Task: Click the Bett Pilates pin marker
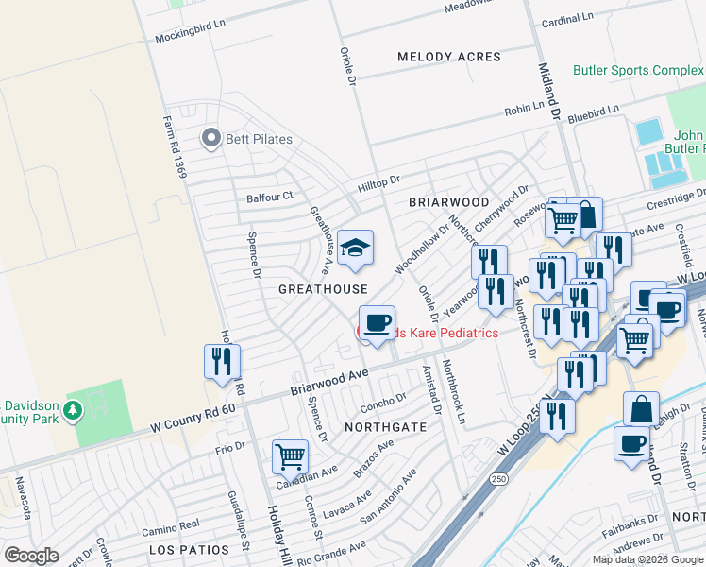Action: pyautogui.click(x=210, y=139)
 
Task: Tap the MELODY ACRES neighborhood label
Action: pyautogui.click(x=448, y=57)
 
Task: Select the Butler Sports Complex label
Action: pyautogui.click(x=638, y=71)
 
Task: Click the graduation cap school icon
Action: pyautogui.click(x=355, y=249)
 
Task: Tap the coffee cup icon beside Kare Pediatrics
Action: pyautogui.click(x=377, y=324)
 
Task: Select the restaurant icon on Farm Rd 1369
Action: pyautogui.click(x=222, y=361)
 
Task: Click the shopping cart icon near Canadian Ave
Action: pyautogui.click(x=290, y=457)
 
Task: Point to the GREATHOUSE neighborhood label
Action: pyautogui.click(x=322, y=288)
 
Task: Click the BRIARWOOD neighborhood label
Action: pyautogui.click(x=449, y=202)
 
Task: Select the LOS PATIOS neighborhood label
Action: pyautogui.click(x=189, y=549)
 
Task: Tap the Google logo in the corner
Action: pyautogui.click(x=32, y=555)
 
